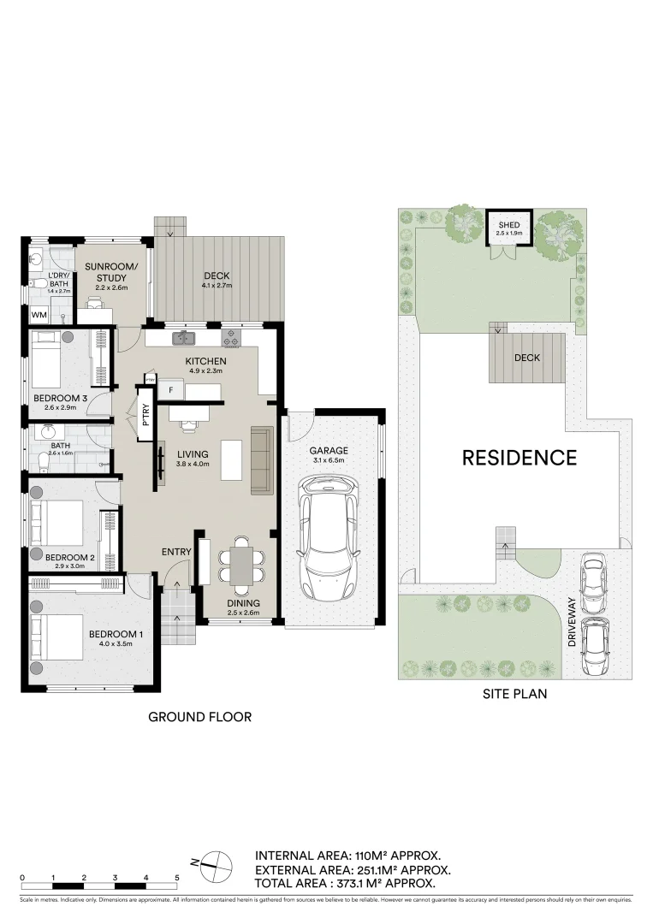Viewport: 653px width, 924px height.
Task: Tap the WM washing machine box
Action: pos(39,315)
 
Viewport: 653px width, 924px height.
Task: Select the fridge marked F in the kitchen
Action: pos(171,390)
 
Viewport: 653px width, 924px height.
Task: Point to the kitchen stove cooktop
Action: pos(231,339)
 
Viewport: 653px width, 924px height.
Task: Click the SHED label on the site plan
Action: pos(509,226)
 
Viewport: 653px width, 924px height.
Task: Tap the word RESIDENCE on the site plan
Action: pos(519,458)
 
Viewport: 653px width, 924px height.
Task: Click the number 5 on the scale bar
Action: pos(177,878)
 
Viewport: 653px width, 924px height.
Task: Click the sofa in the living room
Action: pos(262,459)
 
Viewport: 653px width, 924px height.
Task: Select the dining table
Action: pos(241,566)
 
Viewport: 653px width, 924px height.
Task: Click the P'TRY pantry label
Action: pos(145,415)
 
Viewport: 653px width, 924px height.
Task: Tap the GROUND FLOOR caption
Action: pos(200,716)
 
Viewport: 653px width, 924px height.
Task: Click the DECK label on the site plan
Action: pos(527,358)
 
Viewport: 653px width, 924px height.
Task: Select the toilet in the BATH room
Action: pos(45,461)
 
